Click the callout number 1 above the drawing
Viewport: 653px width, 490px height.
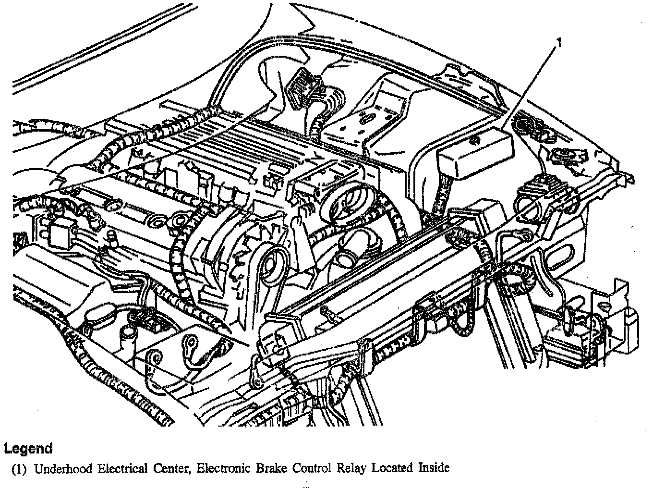point(558,43)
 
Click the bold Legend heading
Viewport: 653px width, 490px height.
point(28,448)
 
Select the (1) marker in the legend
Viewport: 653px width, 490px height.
point(19,469)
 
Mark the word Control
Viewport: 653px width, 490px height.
point(312,468)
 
